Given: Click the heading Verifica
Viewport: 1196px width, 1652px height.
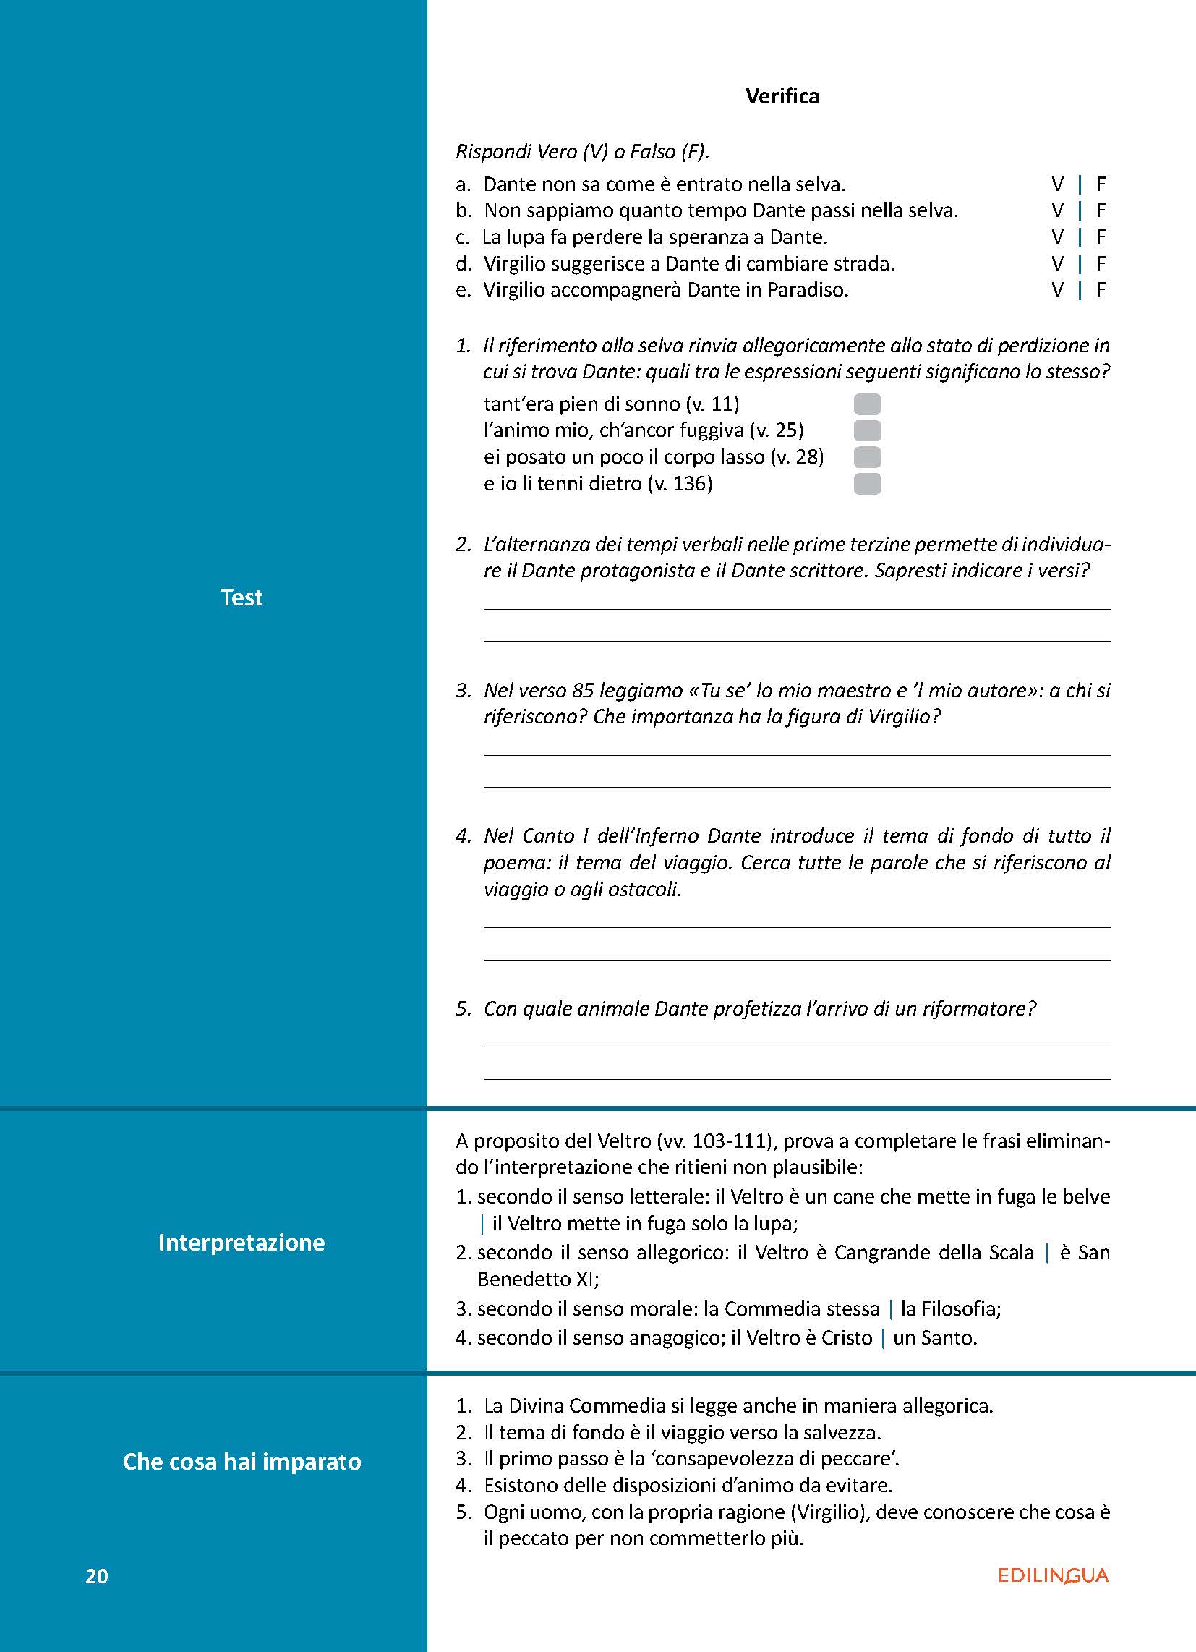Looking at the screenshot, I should click(782, 96).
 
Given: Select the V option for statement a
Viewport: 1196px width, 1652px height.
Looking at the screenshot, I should click(1058, 184).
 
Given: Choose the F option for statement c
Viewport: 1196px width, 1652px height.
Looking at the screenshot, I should click(1101, 237).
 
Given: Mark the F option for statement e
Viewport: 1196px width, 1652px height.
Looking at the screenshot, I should click(1101, 291).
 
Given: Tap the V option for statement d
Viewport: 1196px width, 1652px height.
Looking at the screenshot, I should click(1058, 264).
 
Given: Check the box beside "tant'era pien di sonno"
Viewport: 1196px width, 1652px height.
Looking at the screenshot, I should click(867, 404).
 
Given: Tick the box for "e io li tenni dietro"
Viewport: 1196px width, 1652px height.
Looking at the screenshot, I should click(867, 484).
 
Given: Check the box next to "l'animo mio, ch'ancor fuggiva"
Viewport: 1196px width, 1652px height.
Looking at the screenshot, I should click(867, 430).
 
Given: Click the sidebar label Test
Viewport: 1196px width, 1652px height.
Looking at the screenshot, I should click(241, 597).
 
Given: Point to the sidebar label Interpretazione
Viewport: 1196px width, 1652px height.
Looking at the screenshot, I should click(241, 1242).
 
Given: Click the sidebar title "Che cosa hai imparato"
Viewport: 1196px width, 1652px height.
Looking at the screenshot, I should click(242, 1461).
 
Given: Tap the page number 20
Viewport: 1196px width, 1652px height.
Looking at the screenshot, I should click(97, 1576).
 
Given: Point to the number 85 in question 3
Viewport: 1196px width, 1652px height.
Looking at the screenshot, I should click(584, 690).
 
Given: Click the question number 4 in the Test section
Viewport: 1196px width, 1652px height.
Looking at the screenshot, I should click(464, 835).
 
